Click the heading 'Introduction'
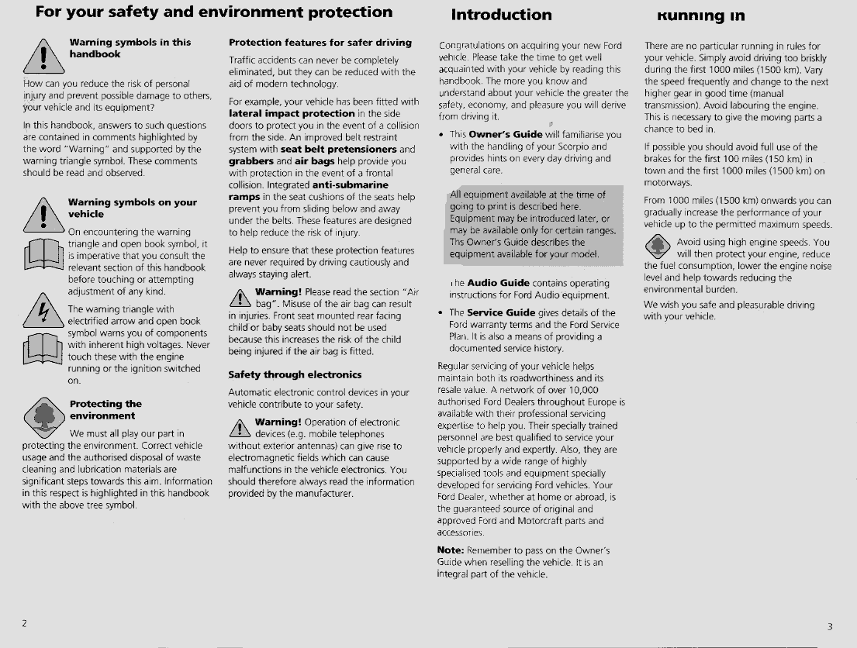tap(501, 15)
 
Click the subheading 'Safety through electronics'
tap(295, 374)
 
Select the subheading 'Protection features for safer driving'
tap(320, 43)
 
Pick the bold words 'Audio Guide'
tap(499, 283)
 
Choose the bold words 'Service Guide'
tap(501, 313)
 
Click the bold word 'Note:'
tap(451, 550)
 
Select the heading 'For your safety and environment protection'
tap(214, 12)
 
